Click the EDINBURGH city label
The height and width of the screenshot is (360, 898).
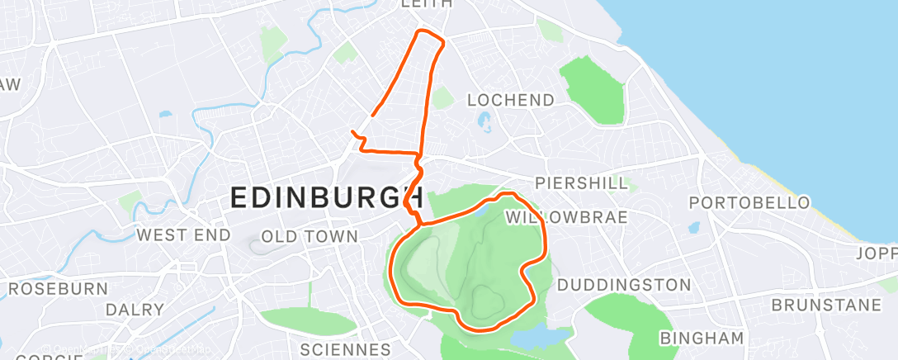pyautogui.click(x=327, y=198)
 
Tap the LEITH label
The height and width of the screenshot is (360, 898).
pyautogui.click(x=426, y=4)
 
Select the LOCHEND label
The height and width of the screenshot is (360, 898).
pyautogui.click(x=511, y=100)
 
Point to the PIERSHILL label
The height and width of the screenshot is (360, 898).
pyautogui.click(x=581, y=183)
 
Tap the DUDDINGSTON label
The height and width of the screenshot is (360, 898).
pyautogui.click(x=624, y=285)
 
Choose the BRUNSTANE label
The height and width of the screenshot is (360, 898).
pyautogui.click(x=826, y=306)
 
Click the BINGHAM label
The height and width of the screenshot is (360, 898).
pyautogui.click(x=702, y=338)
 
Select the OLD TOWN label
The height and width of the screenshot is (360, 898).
pyautogui.click(x=310, y=237)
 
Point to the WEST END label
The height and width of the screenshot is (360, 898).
pyautogui.click(x=182, y=235)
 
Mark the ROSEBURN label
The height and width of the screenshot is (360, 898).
pyautogui.click(x=59, y=289)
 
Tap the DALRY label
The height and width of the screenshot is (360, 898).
pyautogui.click(x=135, y=310)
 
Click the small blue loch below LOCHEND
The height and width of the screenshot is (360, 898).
pyautogui.click(x=484, y=123)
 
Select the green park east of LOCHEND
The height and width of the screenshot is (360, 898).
pyautogui.click(x=593, y=87)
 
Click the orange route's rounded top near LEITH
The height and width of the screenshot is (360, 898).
pyautogui.click(x=429, y=34)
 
